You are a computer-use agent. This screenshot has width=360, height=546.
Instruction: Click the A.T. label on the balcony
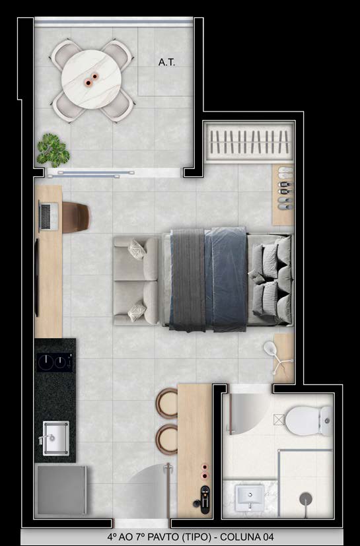[x=166, y=62]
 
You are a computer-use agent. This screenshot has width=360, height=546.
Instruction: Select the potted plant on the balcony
[x=53, y=150]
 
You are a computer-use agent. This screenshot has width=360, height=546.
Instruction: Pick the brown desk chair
[x=76, y=217]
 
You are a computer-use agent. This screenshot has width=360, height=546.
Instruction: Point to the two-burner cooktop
[x=55, y=362]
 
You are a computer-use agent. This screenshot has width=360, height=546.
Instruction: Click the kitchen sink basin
[x=55, y=438]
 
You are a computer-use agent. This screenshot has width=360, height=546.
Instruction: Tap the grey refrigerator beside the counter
[x=61, y=490]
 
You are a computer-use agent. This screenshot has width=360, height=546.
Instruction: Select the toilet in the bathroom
[x=308, y=421]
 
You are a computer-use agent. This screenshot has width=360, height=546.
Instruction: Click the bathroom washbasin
[x=250, y=498]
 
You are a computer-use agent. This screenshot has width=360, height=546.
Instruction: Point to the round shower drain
[x=306, y=498]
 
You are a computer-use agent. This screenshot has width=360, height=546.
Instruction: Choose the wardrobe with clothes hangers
[x=249, y=142]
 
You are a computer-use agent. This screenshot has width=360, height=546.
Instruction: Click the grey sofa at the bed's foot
[x=136, y=281]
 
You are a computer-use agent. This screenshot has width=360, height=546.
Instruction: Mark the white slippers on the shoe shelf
[x=285, y=170]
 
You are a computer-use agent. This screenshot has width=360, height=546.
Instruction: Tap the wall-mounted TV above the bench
[x=36, y=278]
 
